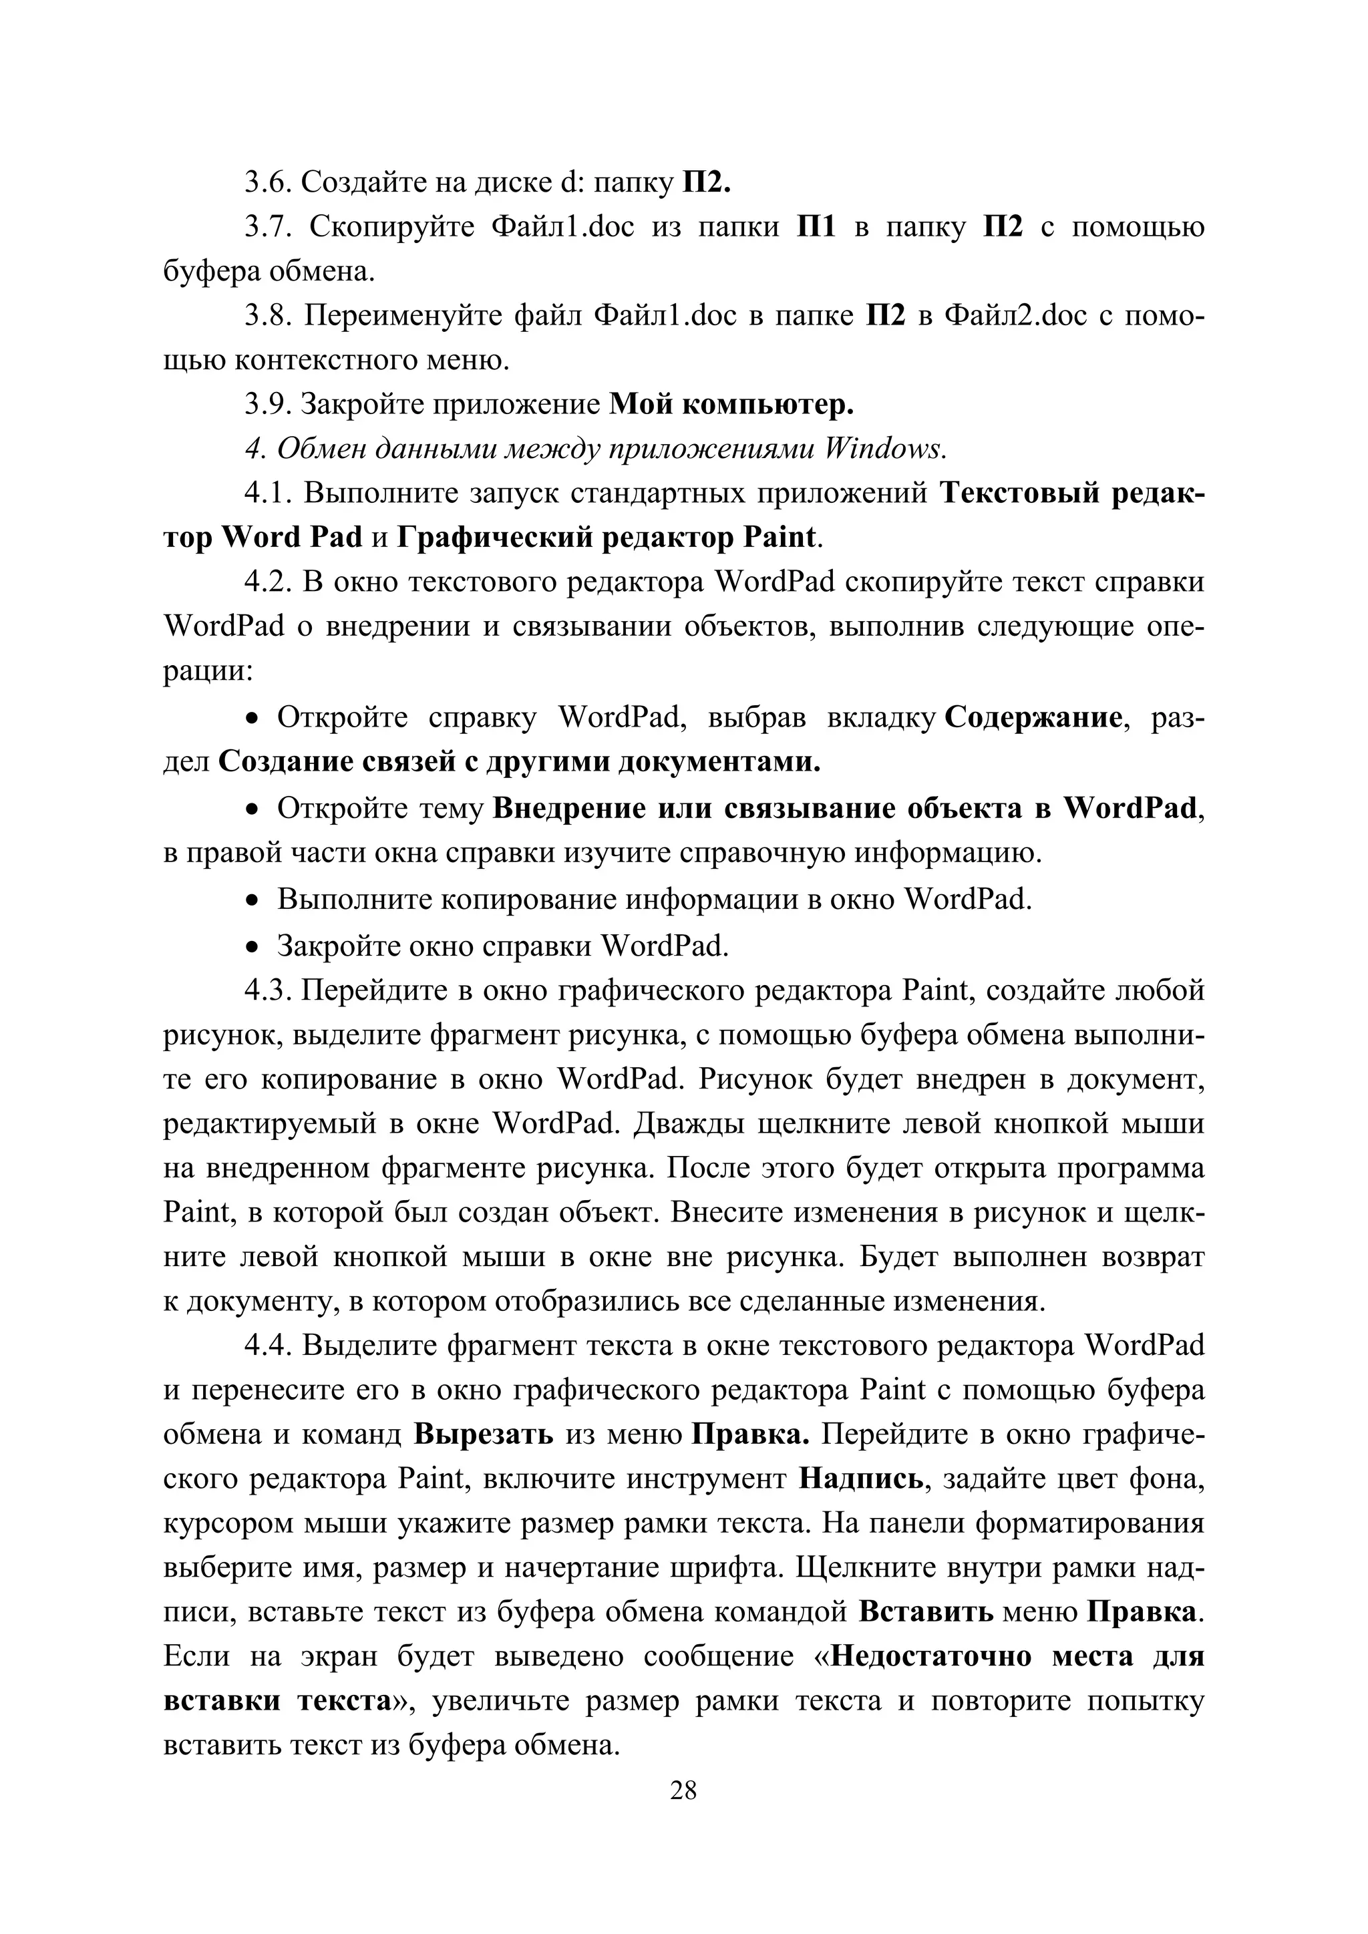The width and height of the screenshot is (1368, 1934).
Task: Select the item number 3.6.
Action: (268, 182)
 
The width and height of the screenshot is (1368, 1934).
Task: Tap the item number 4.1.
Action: (268, 493)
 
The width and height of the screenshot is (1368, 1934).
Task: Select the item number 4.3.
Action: (268, 990)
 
